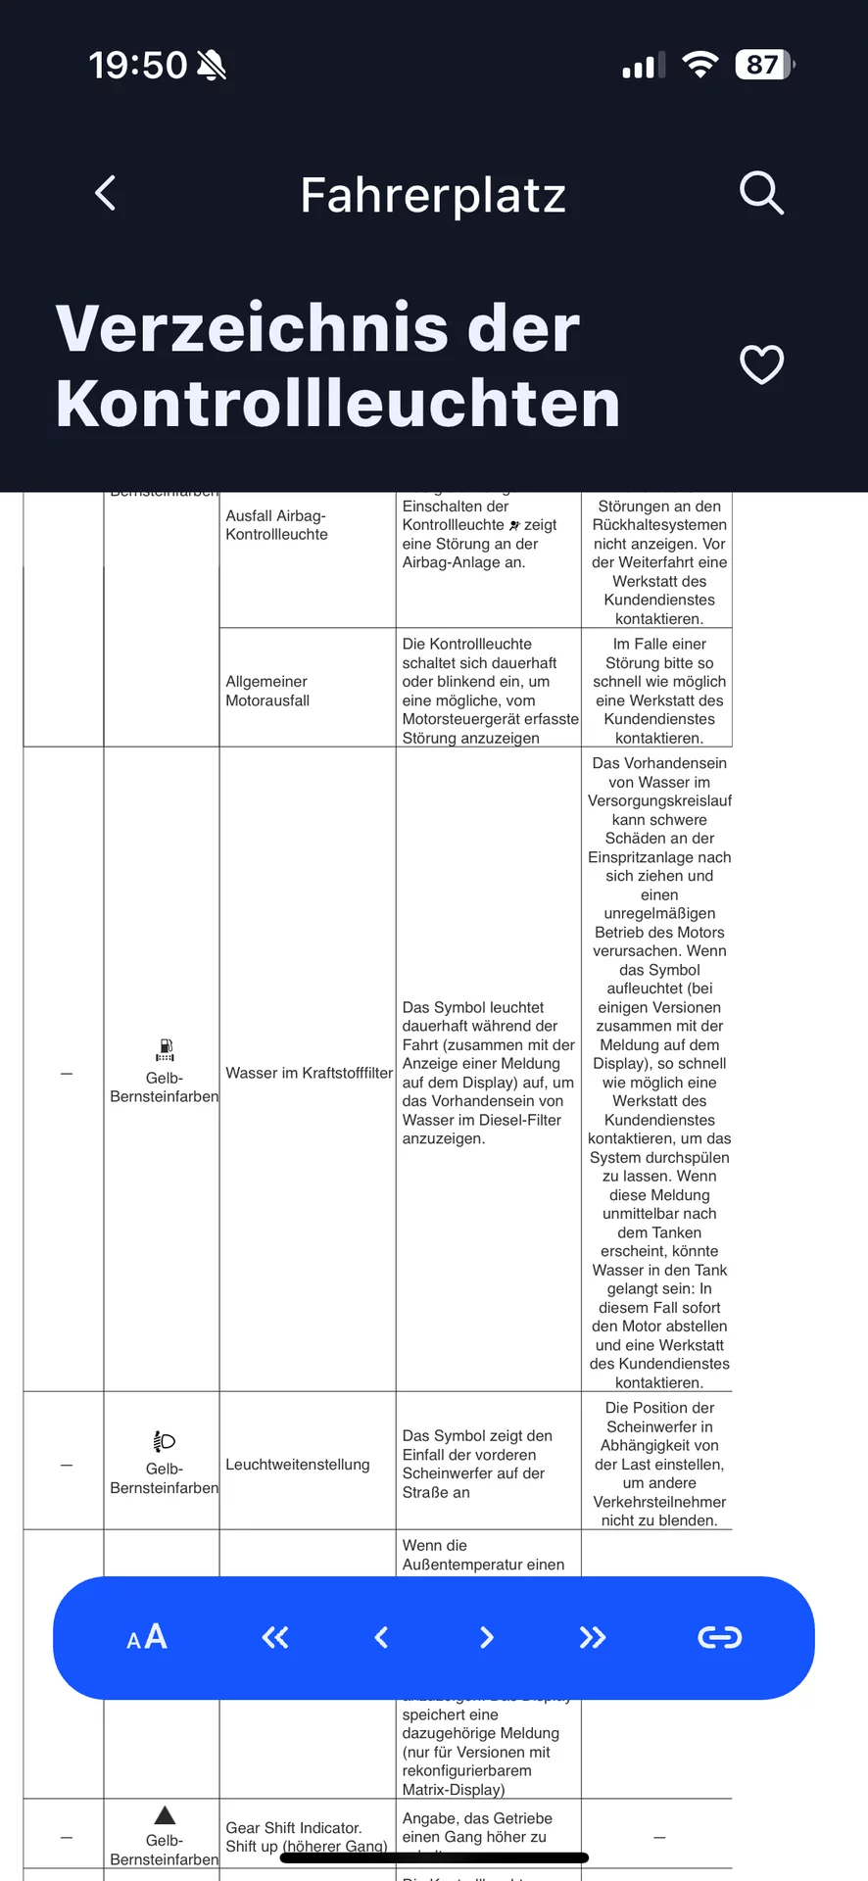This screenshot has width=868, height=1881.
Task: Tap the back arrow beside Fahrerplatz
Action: coord(106,193)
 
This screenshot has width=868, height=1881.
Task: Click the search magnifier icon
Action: coord(761,192)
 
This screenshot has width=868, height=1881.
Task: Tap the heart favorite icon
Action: coord(761,364)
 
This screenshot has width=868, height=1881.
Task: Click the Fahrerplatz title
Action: coord(433,195)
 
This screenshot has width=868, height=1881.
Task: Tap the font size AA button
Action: coord(147,1637)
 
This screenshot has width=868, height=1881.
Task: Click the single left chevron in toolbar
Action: coord(381,1637)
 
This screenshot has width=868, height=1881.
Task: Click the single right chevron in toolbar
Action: coord(487,1637)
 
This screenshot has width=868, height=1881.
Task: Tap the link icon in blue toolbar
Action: coord(719,1637)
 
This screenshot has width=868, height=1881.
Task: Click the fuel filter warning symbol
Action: coord(165,1050)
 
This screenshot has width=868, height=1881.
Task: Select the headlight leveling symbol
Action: coord(164,1441)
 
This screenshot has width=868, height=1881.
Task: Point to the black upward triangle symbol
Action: coord(165,1814)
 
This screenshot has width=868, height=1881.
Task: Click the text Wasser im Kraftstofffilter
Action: coord(309,1073)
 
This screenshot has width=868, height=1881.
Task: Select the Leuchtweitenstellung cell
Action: coord(298,1464)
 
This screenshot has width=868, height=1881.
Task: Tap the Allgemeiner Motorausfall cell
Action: coord(267,691)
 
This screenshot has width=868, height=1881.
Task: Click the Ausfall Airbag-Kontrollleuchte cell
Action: coord(277,525)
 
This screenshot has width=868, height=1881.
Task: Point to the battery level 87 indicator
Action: coord(764,65)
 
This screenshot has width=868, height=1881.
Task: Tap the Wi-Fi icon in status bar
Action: coord(699,65)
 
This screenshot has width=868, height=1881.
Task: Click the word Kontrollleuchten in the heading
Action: coord(338,404)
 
